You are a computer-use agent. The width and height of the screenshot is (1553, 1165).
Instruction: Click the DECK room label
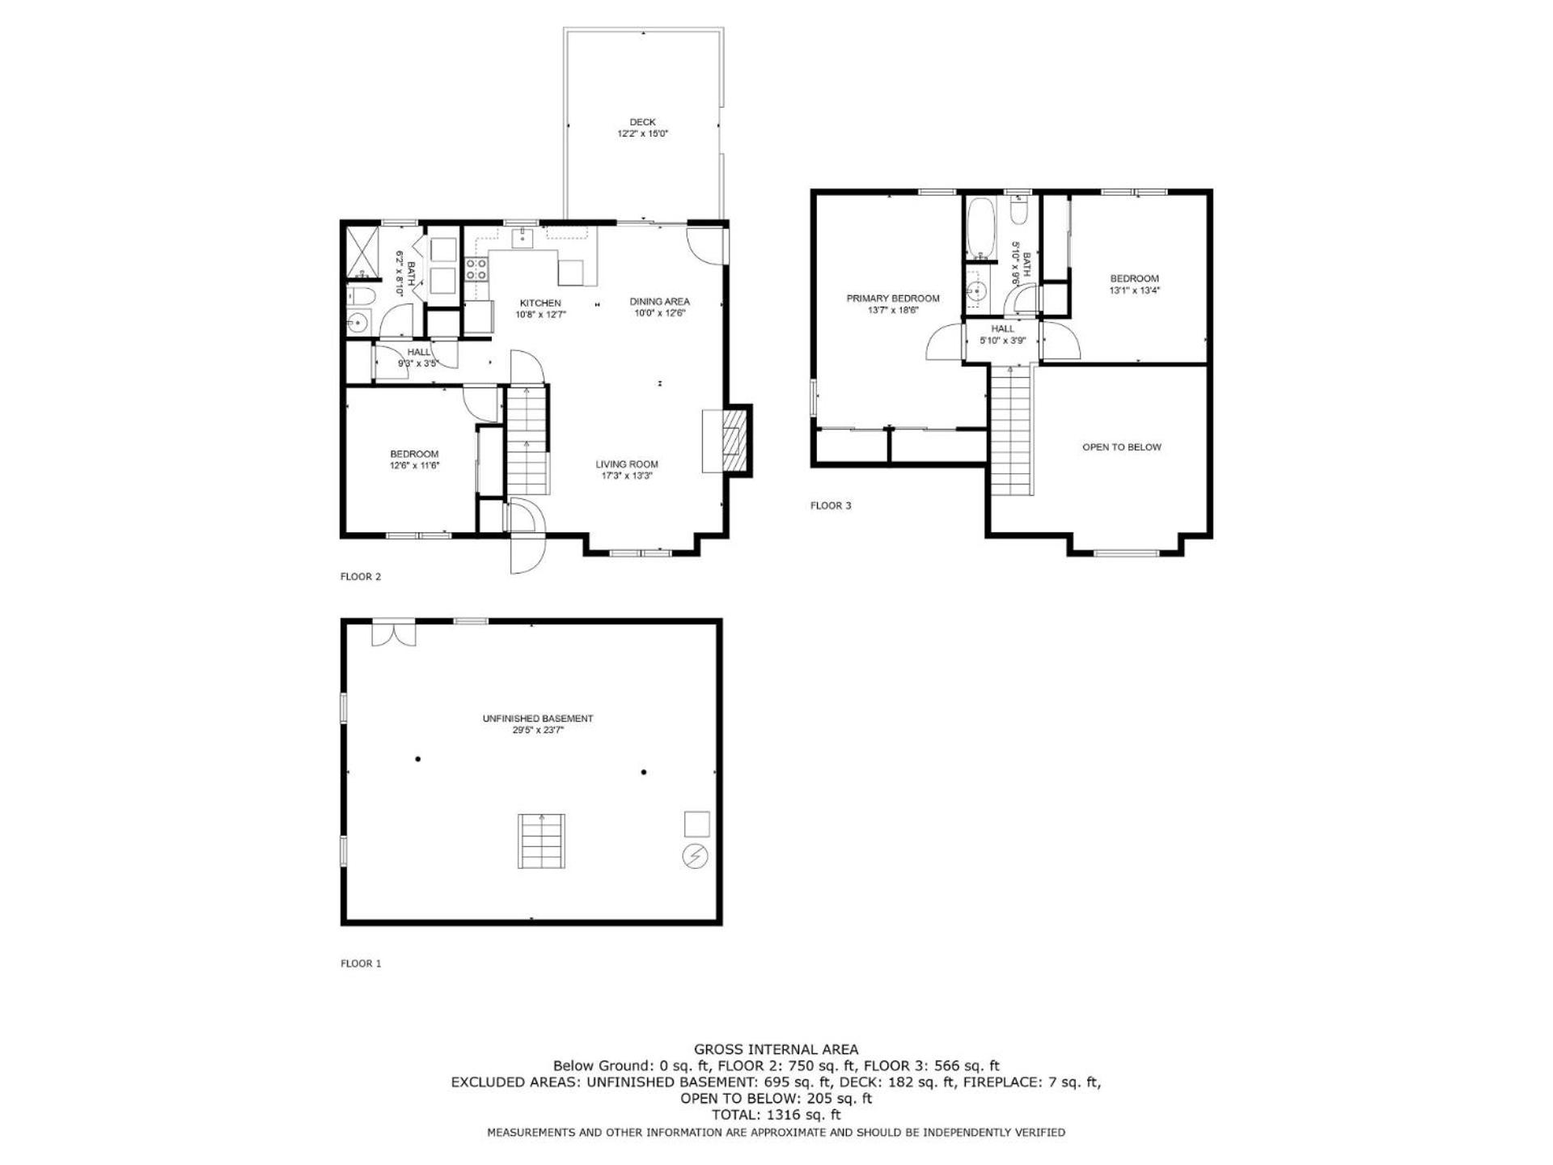[642, 122]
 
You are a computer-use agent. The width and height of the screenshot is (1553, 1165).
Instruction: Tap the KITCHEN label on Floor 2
[540, 303]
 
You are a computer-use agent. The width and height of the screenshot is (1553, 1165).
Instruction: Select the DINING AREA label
[659, 302]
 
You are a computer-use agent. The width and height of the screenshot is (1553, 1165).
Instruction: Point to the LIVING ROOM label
[627, 464]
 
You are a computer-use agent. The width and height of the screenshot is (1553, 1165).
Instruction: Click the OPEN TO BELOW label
[1122, 447]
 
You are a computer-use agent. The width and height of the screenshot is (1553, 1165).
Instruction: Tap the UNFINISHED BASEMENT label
[538, 718]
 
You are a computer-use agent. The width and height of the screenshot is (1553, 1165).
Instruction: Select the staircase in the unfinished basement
[541, 841]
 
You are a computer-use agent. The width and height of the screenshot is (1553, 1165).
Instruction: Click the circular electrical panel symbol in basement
[696, 856]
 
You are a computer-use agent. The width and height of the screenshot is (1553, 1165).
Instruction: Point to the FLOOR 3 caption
[831, 506]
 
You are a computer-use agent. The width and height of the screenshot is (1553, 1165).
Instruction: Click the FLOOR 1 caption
[361, 964]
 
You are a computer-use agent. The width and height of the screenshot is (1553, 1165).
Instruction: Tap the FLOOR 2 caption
[361, 577]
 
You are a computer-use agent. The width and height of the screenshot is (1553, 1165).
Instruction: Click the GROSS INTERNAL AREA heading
[776, 1050]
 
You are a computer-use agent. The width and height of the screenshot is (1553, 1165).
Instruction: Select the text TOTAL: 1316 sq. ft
[776, 1115]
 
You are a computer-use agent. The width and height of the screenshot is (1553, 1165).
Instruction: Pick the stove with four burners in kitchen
[476, 269]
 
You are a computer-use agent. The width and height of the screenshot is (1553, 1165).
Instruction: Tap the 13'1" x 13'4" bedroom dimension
[1135, 290]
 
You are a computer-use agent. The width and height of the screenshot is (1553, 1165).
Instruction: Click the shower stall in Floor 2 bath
[362, 252]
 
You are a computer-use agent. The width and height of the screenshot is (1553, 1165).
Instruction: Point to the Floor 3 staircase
[1012, 430]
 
